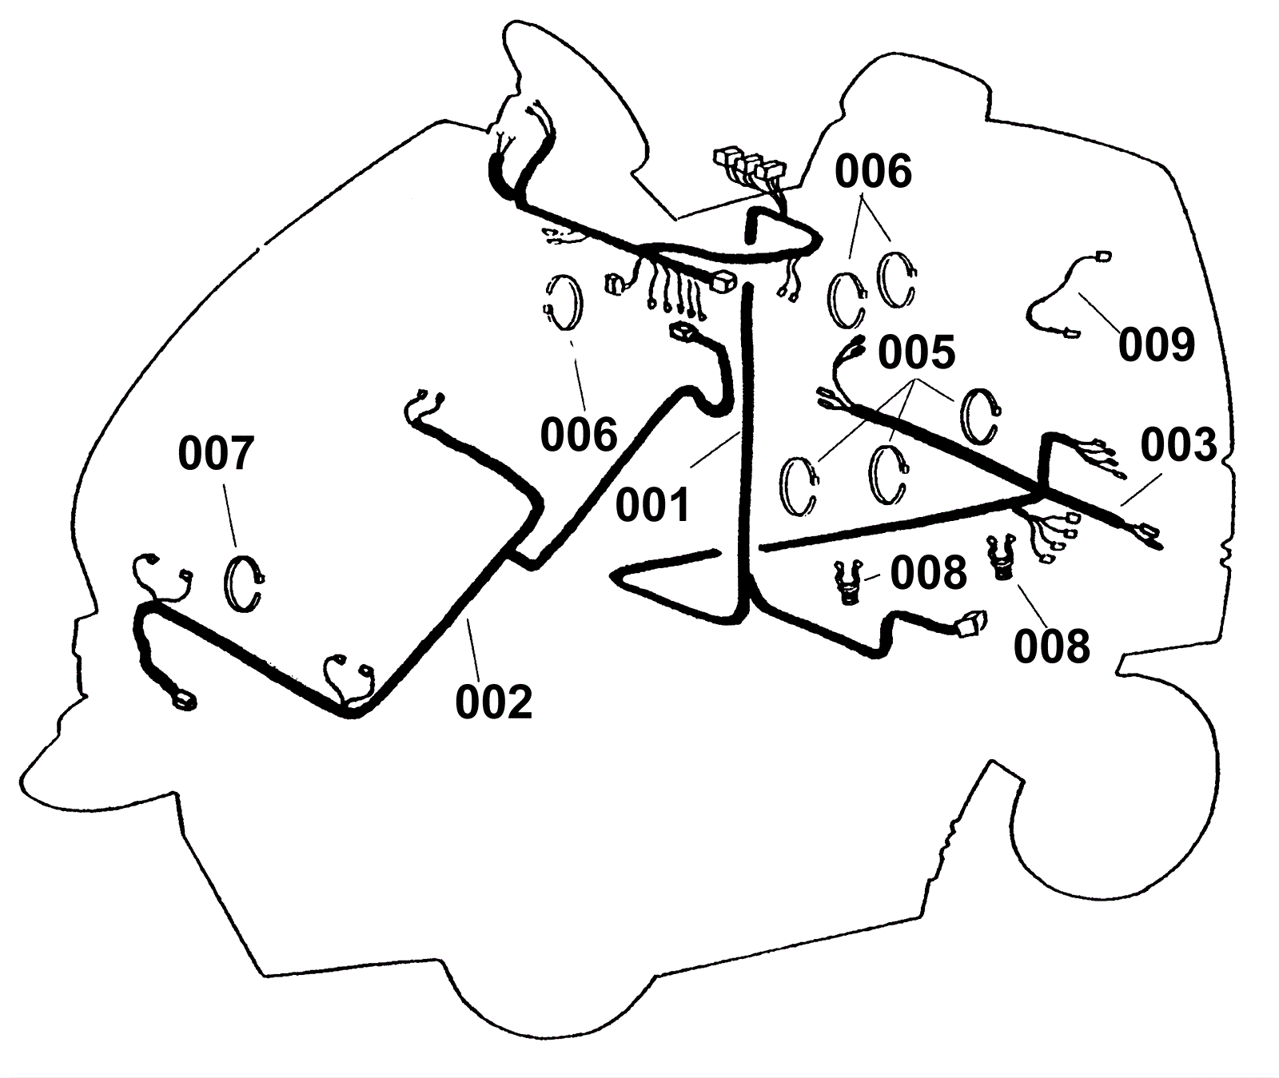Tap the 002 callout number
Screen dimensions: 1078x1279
click(x=493, y=702)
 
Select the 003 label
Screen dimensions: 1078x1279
click(x=1178, y=446)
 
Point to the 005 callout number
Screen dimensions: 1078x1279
click(x=917, y=352)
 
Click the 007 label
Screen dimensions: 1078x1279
click(x=216, y=454)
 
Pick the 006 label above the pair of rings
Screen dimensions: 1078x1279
click(x=874, y=172)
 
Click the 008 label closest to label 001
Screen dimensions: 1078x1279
click(x=928, y=573)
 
